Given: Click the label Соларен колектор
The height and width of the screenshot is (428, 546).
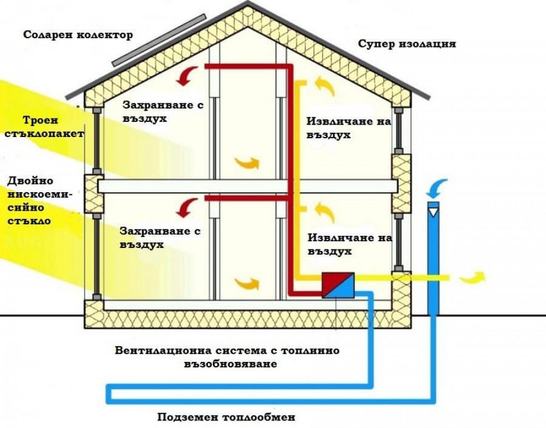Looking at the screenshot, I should pyautogui.click(x=78, y=35).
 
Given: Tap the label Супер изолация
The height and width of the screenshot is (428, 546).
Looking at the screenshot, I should pyautogui.click(x=407, y=44).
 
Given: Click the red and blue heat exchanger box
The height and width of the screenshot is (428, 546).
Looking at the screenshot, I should pyautogui.click(x=339, y=285).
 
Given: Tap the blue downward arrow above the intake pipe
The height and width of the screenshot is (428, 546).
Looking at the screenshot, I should pyautogui.click(x=436, y=189).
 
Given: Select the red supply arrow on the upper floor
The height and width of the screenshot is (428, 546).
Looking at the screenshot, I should pyautogui.click(x=189, y=75).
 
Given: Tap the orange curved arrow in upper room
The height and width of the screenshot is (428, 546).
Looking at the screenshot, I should pyautogui.click(x=247, y=163).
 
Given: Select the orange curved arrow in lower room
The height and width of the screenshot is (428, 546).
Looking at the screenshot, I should pyautogui.click(x=247, y=283).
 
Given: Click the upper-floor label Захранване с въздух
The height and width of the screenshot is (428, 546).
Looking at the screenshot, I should pyautogui.click(x=163, y=111).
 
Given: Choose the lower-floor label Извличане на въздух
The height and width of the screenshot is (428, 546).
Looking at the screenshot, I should pyautogui.click(x=350, y=245).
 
